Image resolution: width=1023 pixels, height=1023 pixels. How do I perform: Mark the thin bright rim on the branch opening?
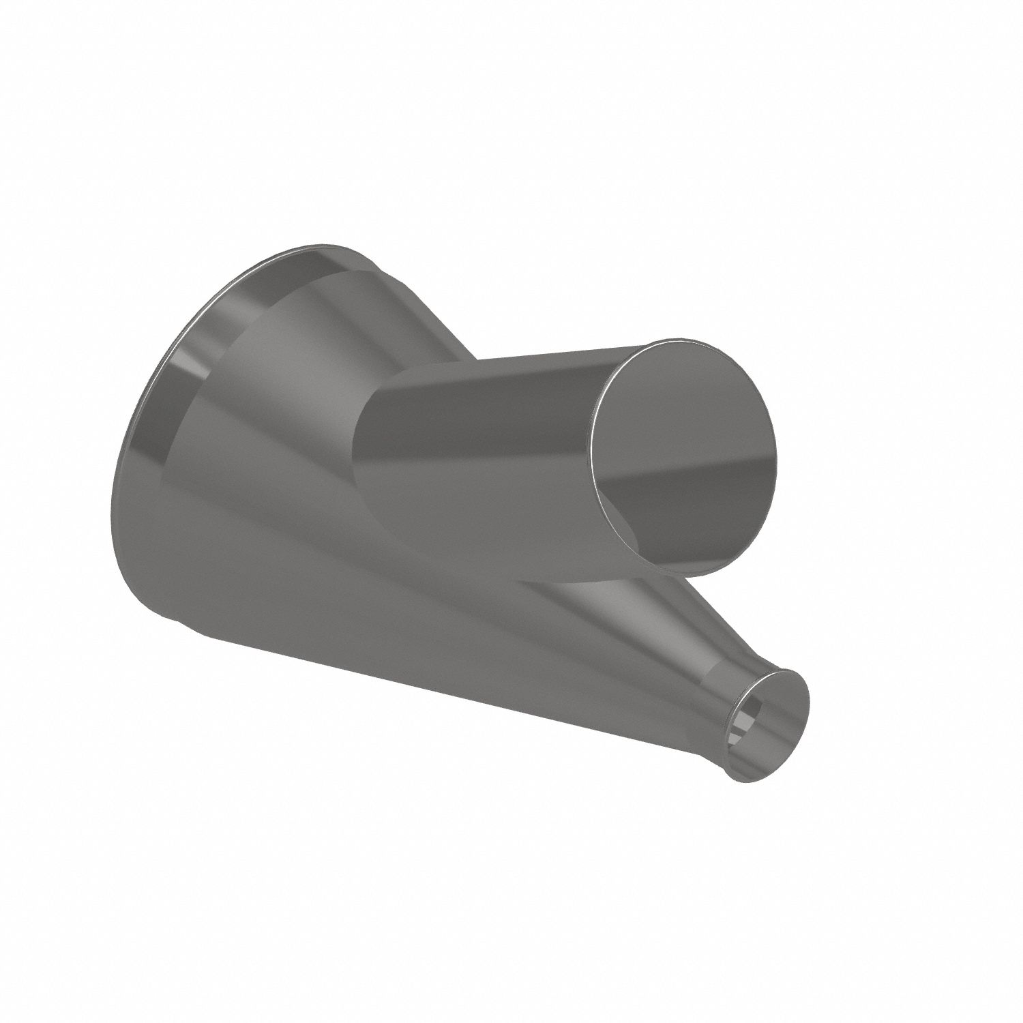[595, 450]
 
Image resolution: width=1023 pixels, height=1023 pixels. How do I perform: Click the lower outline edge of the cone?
[477, 689]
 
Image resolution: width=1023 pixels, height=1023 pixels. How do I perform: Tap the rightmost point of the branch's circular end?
[776, 450]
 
